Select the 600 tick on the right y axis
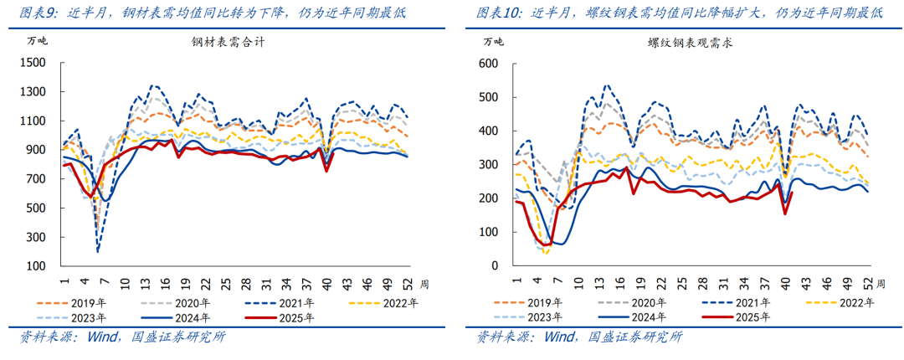(x=490, y=63)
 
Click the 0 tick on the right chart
(x=496, y=266)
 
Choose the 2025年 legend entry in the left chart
(x=296, y=318)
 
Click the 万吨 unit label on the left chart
(x=38, y=41)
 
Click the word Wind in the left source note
(x=102, y=338)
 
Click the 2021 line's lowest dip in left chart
(x=98, y=250)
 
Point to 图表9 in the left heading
(x=39, y=13)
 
